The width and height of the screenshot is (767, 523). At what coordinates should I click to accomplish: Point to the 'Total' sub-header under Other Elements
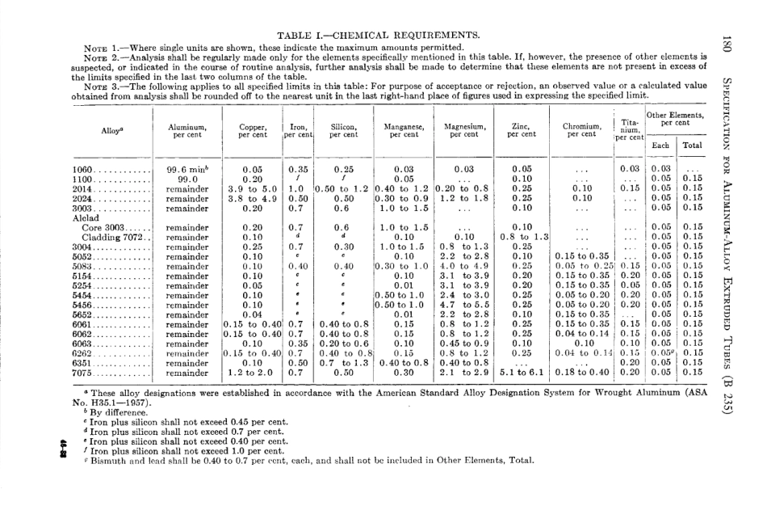692,146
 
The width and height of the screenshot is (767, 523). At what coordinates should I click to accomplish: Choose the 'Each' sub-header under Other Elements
660,146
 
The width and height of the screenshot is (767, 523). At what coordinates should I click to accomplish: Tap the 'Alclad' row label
84,218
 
